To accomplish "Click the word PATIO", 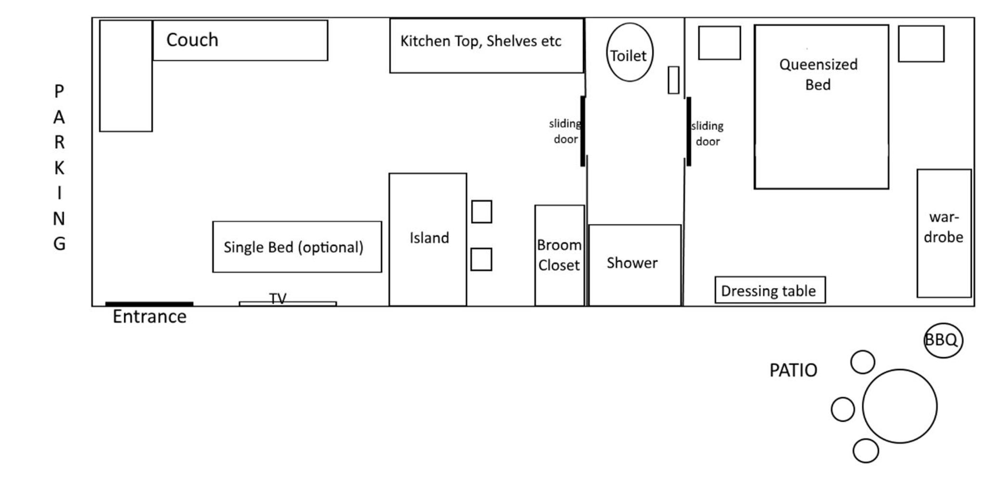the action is pos(793,370).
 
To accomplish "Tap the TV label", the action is pos(278,298).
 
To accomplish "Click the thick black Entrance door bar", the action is pos(149,304).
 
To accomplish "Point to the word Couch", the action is pos(192,40).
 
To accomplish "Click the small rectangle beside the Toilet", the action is pos(673,80).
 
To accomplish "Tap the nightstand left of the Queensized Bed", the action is pos(720,43).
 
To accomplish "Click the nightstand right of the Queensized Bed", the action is pos(921,44).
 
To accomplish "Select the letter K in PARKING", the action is pos(59,168).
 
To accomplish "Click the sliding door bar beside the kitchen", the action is pos(583,131).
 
